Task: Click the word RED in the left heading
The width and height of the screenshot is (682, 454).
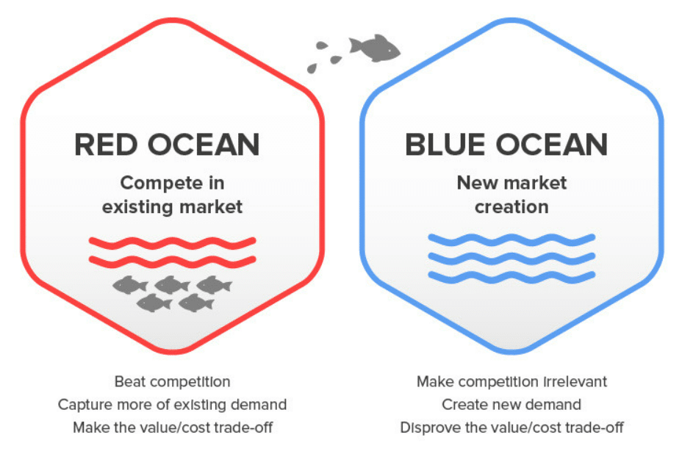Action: point(106,145)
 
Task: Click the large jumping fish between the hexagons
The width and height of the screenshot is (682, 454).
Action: point(375,48)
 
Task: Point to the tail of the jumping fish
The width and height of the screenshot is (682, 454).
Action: point(355,46)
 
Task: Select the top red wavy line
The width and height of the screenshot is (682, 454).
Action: point(172,242)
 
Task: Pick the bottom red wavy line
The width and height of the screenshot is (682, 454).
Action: point(172,261)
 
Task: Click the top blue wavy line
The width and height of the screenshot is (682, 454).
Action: point(511,239)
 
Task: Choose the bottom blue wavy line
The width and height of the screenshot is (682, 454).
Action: point(511,277)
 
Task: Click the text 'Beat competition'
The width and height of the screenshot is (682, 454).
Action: point(172,382)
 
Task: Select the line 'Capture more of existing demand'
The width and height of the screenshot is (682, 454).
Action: point(172,405)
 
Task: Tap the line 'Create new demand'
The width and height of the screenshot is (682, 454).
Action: point(511,405)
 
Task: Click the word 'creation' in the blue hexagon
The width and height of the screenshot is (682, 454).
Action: point(511,207)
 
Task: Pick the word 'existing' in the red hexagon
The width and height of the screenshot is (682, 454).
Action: point(137,207)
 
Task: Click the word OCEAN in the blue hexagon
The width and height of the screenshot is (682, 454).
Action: point(552,145)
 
